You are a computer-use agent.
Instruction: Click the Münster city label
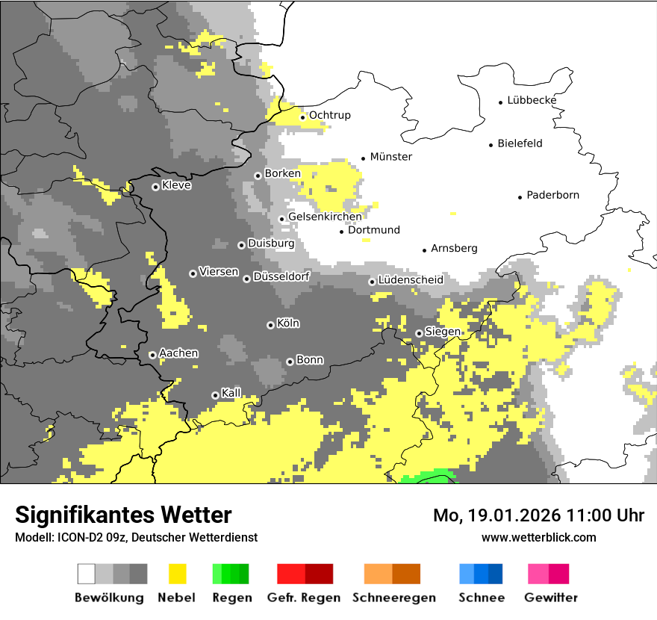click(x=391, y=157)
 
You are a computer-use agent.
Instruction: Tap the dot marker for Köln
click(x=270, y=325)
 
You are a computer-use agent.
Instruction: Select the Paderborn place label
click(x=552, y=195)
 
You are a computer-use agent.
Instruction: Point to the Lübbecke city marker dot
click(x=501, y=102)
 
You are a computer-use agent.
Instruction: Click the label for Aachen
click(x=178, y=353)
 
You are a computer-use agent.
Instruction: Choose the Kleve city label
click(x=176, y=185)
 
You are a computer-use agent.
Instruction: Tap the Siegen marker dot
click(x=419, y=333)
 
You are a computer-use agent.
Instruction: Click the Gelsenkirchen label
click(x=325, y=217)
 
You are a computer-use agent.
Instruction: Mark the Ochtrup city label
click(x=329, y=115)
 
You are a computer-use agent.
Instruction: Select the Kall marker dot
click(x=215, y=395)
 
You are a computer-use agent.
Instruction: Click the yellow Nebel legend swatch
click(x=177, y=574)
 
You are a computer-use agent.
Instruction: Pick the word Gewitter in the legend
click(x=551, y=598)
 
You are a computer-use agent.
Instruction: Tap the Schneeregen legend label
click(x=393, y=598)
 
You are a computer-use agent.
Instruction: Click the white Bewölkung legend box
click(x=87, y=574)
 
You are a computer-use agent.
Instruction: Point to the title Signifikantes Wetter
click(x=123, y=515)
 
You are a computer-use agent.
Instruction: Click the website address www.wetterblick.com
click(x=538, y=537)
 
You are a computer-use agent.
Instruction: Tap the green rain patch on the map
click(x=429, y=477)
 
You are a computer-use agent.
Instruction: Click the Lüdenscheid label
click(x=411, y=279)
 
